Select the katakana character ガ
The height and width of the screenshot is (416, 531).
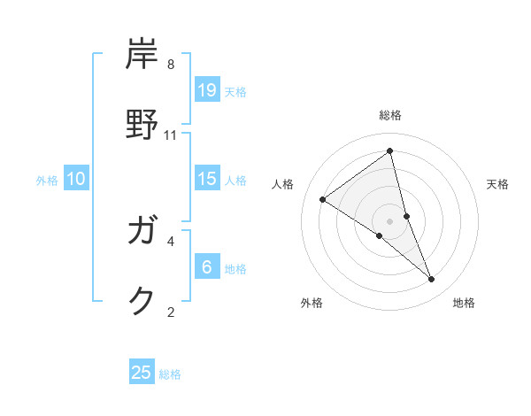click(144, 232)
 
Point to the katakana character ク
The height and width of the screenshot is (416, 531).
click(142, 301)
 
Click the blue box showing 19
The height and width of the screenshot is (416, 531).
click(207, 89)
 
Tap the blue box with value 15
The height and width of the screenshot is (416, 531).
click(207, 179)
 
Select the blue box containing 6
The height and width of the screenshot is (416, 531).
click(207, 267)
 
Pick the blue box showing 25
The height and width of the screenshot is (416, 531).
click(142, 373)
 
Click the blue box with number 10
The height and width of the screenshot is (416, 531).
click(76, 179)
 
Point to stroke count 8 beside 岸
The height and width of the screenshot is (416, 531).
click(171, 65)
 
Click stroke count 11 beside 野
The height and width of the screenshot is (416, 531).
click(171, 135)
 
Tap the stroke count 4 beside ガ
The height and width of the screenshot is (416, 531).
click(171, 240)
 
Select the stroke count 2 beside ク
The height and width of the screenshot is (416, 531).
click(171, 311)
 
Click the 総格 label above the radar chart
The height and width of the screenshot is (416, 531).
click(390, 115)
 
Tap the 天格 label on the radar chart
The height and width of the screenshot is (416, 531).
click(497, 184)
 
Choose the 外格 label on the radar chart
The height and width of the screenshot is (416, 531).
click(311, 303)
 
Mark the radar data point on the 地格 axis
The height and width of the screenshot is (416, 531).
click(432, 279)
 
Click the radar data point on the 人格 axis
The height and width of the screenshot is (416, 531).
click(323, 199)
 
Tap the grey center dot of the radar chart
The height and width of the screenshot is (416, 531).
click(390, 221)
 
